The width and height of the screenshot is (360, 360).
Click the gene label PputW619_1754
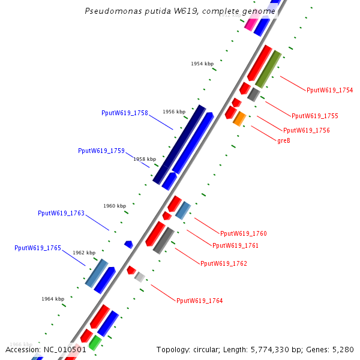329,91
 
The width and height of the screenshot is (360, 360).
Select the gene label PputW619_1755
314,116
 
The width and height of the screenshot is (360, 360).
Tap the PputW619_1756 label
306,130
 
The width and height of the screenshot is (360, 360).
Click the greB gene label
284,141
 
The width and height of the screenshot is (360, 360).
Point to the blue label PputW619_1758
125,113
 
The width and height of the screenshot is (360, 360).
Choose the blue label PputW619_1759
101,151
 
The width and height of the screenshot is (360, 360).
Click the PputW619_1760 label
243,233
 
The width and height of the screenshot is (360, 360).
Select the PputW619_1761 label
235,245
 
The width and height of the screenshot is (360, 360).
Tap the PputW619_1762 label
223,263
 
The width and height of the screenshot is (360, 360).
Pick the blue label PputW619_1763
61,213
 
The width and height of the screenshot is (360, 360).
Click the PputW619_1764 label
199,301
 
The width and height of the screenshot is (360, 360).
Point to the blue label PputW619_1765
38,248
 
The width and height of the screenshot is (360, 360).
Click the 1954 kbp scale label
202,64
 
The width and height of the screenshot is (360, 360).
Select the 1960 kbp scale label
115,206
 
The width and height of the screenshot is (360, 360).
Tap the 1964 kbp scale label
53,299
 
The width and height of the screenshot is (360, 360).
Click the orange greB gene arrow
239,119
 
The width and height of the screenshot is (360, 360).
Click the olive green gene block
268,69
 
